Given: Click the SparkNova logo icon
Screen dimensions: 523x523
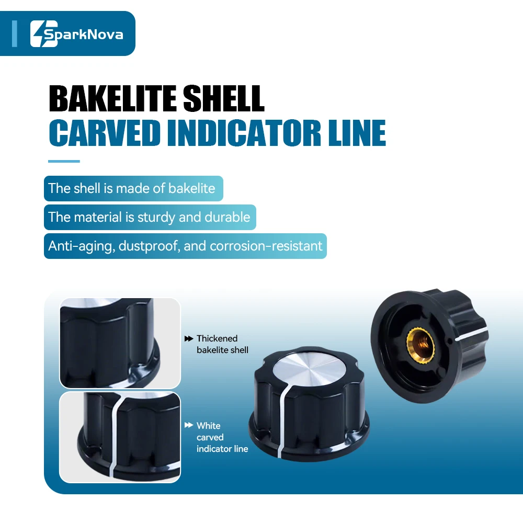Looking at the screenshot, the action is pyautogui.click(x=44, y=33).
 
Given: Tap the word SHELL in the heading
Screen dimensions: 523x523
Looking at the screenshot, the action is pyautogui.click(x=224, y=98).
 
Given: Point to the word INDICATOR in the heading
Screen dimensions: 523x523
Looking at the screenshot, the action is pyautogui.click(x=244, y=133).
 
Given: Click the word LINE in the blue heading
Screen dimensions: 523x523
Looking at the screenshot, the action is pyautogui.click(x=357, y=133).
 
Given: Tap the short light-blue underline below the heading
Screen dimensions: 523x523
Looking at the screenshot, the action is pyautogui.click(x=64, y=162).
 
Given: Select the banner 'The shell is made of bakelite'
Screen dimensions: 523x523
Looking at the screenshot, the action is pyautogui.click(x=133, y=188).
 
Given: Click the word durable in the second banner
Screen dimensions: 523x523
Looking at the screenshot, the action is pyautogui.click(x=227, y=217).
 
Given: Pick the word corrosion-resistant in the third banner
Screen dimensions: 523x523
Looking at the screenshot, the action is pyautogui.click(x=266, y=246).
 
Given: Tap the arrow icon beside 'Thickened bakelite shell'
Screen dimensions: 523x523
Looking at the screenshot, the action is pyautogui.click(x=189, y=338).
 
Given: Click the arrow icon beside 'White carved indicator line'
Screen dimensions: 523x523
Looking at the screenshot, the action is pyautogui.click(x=189, y=425).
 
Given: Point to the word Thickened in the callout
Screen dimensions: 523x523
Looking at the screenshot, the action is pyautogui.click(x=217, y=338).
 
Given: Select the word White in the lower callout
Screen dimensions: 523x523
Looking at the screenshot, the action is pyautogui.click(x=209, y=426).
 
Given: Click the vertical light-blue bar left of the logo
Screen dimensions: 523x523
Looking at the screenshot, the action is pyautogui.click(x=14, y=33).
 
